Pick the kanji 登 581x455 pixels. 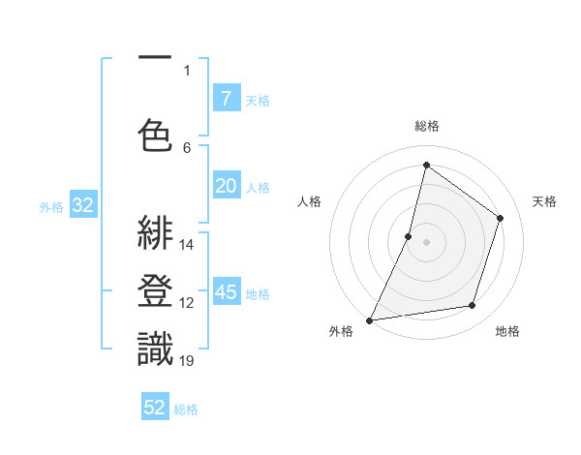coord(155,291)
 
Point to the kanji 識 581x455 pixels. coord(155,348)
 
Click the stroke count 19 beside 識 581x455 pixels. coord(187,361)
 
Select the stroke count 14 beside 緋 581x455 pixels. coord(187,245)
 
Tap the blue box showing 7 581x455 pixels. coord(226,99)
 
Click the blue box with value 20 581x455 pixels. coord(226,186)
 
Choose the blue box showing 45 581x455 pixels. coord(226,292)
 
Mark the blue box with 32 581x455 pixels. coord(81,205)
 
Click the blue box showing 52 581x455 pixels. coord(155,408)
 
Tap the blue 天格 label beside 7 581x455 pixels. coord(258,100)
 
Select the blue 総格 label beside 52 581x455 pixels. coord(186,409)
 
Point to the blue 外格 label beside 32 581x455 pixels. coord(51,206)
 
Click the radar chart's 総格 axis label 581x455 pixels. coord(426,126)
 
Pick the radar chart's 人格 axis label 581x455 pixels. coord(309,201)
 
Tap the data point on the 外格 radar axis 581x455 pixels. coord(369,320)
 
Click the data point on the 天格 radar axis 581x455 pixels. coord(501,218)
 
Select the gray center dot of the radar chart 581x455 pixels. coord(426,242)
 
